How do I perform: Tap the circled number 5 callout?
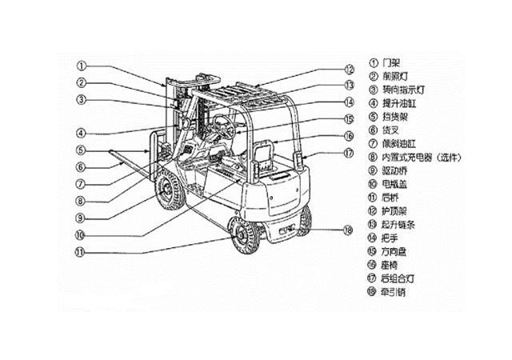click(82, 150)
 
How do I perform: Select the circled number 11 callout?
click(82, 252)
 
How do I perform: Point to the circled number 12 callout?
click(349, 69)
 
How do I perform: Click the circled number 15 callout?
click(349, 119)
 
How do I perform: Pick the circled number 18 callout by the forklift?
click(347, 230)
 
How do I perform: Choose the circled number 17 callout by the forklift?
click(349, 153)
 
